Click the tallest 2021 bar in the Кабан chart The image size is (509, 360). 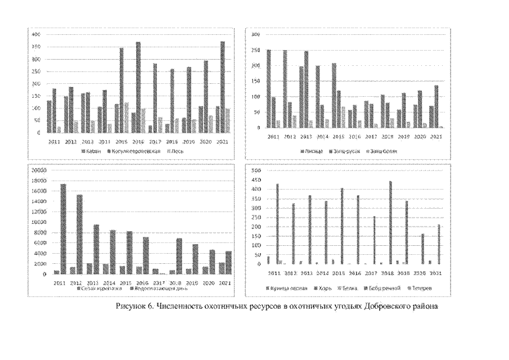point(207,87)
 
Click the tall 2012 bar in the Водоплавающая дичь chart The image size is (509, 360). point(79,234)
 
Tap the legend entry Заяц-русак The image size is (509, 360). point(343,151)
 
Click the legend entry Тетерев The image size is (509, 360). point(424,288)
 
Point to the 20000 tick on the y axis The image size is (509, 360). point(43,170)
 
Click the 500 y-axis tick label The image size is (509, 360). point(254,170)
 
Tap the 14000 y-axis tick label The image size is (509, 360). point(43,201)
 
